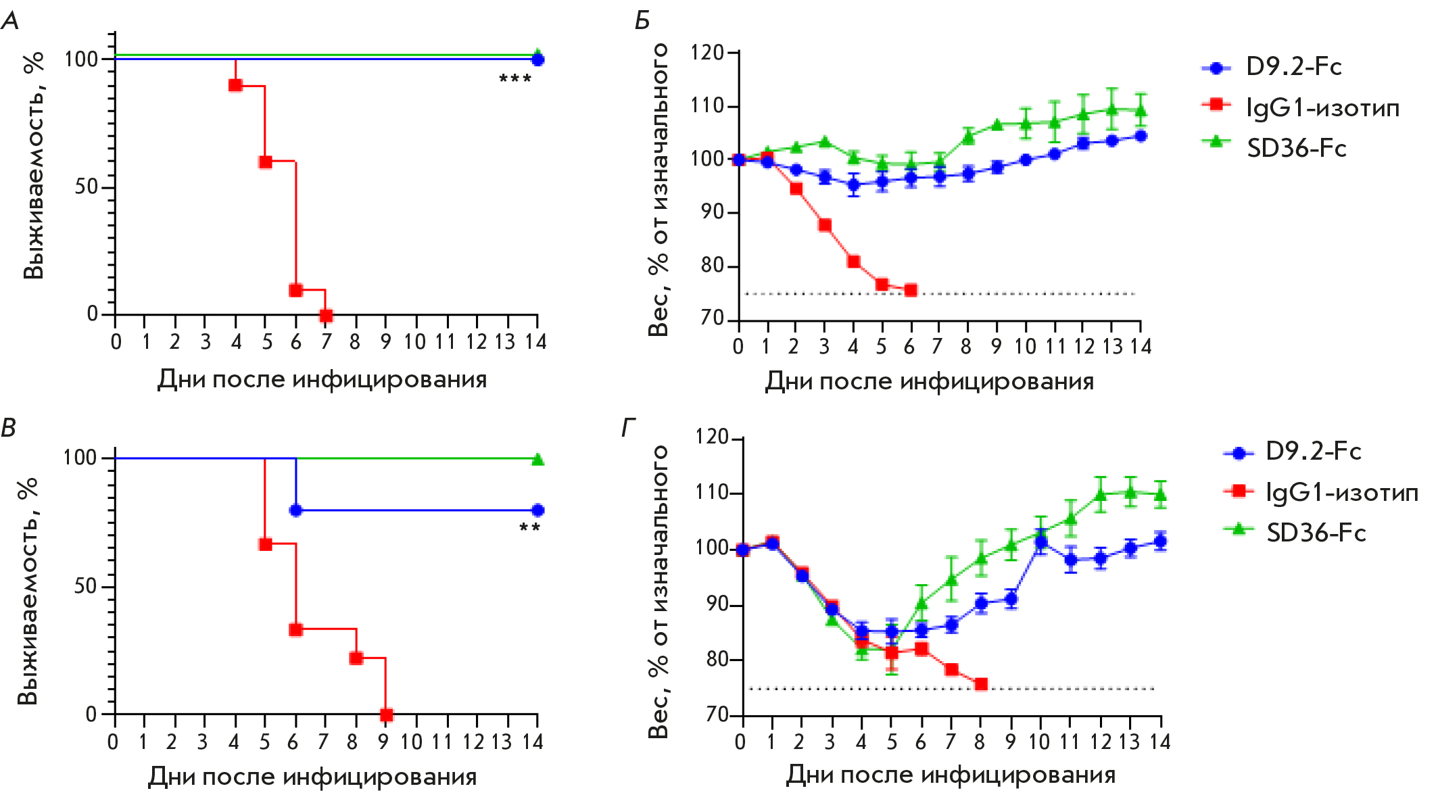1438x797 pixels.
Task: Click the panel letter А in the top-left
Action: (10, 21)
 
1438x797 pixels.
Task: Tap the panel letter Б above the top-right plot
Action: (642, 21)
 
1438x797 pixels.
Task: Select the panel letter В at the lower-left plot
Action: (9, 428)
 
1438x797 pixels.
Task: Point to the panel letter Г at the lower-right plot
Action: (629, 428)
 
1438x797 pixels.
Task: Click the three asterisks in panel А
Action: (515, 80)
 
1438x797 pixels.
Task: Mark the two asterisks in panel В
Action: (529, 528)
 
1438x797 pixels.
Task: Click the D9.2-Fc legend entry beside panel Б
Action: (1271, 67)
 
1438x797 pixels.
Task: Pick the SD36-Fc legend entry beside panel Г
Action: (1295, 533)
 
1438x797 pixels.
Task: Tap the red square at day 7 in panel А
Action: (326, 316)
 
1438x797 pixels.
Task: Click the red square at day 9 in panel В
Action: (386, 715)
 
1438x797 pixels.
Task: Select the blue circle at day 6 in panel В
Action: (295, 510)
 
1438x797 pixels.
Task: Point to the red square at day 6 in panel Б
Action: (911, 290)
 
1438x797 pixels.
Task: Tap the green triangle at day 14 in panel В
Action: (537, 460)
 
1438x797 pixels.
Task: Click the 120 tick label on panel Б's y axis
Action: (707, 53)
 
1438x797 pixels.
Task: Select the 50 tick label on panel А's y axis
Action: (87, 187)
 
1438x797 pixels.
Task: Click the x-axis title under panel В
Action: (312, 777)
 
